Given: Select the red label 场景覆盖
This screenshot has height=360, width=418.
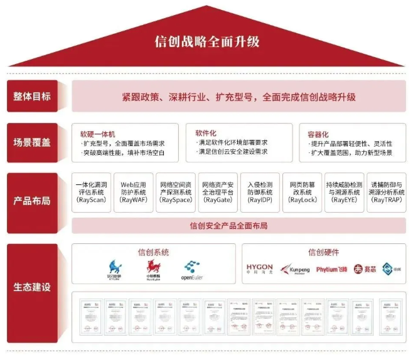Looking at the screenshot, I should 32,142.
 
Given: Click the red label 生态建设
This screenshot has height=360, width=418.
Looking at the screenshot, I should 32,288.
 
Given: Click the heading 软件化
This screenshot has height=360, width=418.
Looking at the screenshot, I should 206,134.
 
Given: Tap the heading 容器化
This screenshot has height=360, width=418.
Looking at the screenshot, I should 318,134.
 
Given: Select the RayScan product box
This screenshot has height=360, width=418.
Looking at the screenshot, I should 92,193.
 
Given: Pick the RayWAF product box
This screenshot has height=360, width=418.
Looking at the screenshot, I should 133,193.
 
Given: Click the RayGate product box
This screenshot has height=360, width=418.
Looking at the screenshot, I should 217,193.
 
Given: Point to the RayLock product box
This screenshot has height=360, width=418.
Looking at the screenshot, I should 301,193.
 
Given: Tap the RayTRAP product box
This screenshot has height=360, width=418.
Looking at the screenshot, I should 386,193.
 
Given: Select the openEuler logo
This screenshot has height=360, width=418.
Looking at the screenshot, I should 193,270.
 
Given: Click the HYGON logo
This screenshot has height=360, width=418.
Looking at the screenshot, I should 259,270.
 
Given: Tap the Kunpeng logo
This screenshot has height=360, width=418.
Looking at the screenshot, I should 295,270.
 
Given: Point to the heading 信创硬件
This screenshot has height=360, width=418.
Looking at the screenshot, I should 323,252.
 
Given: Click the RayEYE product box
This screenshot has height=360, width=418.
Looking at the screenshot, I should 344,193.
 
